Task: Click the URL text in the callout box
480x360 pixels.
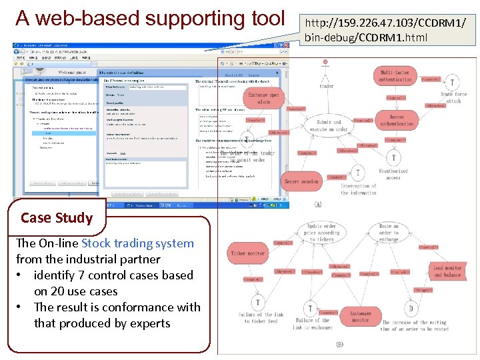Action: (x=385, y=30)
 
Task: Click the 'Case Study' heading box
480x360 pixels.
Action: (x=56, y=217)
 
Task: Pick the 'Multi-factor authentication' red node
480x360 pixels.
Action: (x=395, y=75)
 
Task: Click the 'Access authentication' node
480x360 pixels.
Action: (x=397, y=120)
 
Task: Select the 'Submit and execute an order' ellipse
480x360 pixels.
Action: (x=329, y=126)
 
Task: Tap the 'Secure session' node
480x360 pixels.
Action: (x=302, y=181)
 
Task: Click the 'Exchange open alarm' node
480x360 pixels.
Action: (x=263, y=99)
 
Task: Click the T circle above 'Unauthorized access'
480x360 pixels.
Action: (x=394, y=158)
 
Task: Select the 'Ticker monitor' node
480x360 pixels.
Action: (x=247, y=253)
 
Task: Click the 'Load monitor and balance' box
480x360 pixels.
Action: (x=447, y=271)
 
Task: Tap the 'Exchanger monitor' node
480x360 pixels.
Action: (x=361, y=316)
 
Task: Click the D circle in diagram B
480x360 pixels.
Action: (x=411, y=309)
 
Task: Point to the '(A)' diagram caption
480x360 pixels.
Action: (x=317, y=205)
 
